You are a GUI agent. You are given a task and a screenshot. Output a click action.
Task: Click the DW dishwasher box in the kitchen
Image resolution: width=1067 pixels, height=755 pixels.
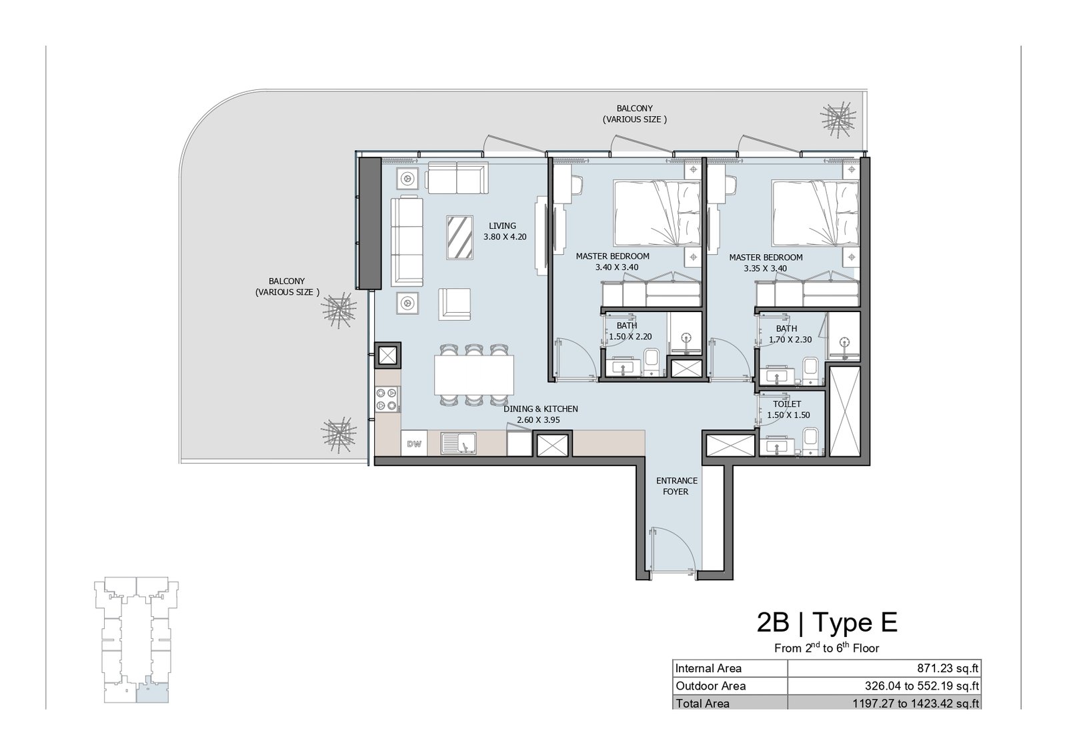[414, 444]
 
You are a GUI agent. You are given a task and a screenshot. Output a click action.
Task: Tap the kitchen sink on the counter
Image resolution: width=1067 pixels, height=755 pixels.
[458, 443]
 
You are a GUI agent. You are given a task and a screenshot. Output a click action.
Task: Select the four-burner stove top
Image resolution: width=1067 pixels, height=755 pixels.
[387, 399]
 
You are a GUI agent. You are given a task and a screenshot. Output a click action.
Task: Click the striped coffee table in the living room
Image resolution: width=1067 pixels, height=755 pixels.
[459, 237]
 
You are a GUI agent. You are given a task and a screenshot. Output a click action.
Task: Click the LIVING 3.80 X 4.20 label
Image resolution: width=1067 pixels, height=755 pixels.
[504, 231]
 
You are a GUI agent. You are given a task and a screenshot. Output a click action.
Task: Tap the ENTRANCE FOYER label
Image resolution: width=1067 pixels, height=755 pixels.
[676, 486]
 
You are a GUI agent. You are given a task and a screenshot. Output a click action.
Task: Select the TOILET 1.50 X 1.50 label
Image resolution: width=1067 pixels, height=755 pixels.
[788, 409]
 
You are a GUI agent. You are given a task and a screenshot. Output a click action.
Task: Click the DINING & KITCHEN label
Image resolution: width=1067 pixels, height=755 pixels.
[541, 414]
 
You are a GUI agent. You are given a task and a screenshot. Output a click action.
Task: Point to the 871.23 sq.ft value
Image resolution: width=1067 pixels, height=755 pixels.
[948, 668]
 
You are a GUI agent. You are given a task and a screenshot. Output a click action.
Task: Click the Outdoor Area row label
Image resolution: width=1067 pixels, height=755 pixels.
[710, 686]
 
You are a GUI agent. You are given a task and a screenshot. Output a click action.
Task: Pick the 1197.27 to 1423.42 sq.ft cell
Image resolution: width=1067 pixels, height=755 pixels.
[916, 704]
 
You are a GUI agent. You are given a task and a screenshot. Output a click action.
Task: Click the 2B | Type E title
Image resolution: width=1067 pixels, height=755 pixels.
[827, 622]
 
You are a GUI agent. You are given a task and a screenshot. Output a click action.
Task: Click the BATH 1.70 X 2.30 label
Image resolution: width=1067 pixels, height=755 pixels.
[790, 334]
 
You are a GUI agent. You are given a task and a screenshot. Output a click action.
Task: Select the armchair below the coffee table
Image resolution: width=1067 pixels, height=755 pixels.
[454, 304]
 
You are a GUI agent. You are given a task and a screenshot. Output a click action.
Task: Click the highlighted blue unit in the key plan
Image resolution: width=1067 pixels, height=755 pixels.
[152, 689]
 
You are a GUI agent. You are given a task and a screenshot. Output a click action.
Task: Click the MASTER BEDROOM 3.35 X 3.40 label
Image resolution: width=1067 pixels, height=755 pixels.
[766, 263]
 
